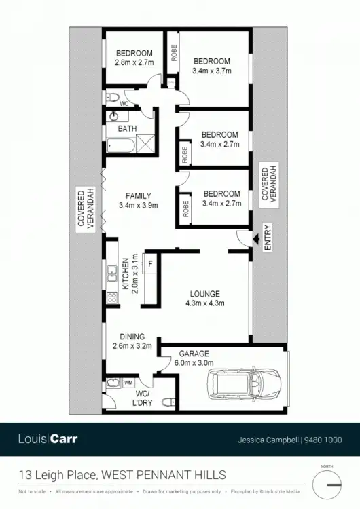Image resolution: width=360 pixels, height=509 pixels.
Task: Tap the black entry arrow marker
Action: click(256, 239)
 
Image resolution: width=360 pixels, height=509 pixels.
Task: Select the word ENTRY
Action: click(267, 238)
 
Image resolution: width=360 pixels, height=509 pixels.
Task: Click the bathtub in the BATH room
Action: click(121, 145)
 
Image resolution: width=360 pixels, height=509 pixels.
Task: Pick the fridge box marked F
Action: click(149, 263)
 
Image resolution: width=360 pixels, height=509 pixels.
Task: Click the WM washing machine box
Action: click(128, 383)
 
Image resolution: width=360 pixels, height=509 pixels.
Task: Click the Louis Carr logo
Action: click(48, 439)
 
